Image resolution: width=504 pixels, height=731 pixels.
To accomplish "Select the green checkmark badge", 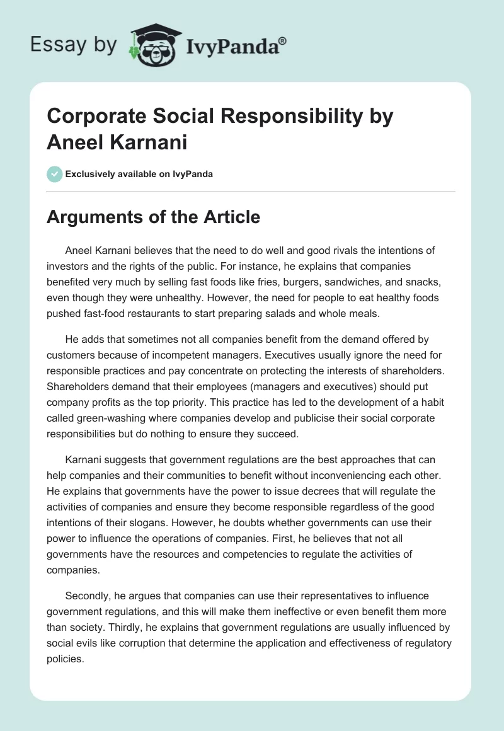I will [x=55, y=174].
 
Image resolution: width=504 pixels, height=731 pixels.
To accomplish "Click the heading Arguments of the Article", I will [x=154, y=217].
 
